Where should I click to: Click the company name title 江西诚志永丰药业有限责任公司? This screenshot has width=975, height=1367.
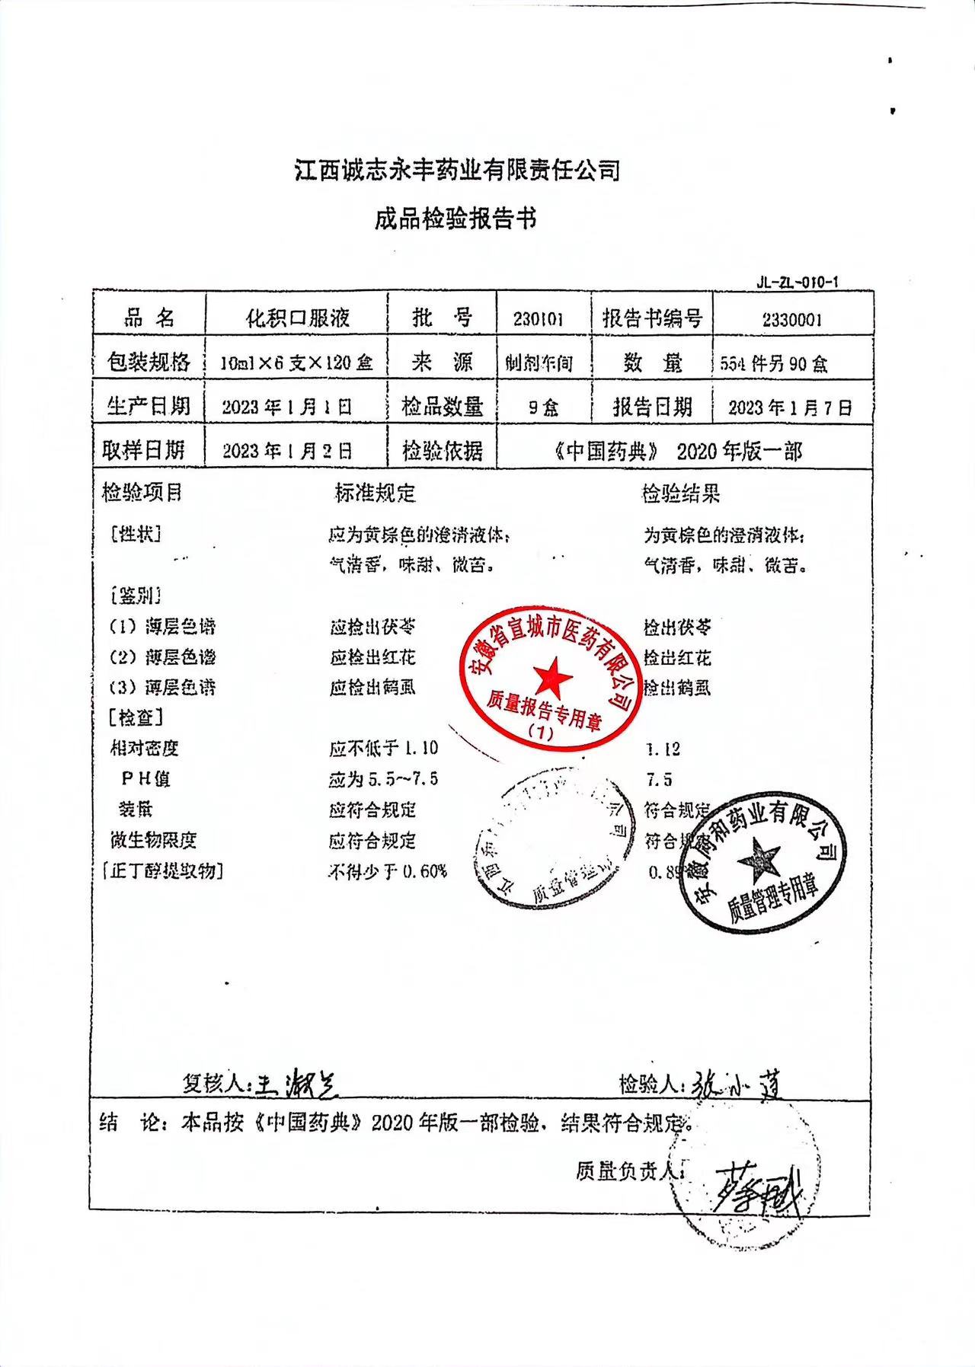tap(457, 171)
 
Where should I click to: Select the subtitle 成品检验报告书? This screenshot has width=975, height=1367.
tap(456, 219)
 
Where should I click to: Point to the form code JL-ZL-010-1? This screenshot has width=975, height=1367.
tap(797, 282)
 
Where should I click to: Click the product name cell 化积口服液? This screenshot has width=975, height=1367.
tap(297, 318)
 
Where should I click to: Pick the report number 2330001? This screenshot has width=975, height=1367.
tap(792, 320)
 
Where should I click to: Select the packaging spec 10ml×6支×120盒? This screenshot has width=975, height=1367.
tap(296, 363)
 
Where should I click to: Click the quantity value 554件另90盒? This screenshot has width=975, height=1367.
tap(774, 364)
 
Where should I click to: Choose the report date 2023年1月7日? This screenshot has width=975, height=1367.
tap(790, 407)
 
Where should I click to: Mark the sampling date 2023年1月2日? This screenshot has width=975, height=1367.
tap(287, 451)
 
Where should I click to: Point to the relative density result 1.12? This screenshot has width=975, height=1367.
tap(663, 749)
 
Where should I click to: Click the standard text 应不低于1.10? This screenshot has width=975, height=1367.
tap(383, 749)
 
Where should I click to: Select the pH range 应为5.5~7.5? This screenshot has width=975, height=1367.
tap(383, 779)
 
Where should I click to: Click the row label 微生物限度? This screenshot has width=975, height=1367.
tap(154, 840)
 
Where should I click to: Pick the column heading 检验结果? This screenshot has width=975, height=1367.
tap(680, 494)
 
